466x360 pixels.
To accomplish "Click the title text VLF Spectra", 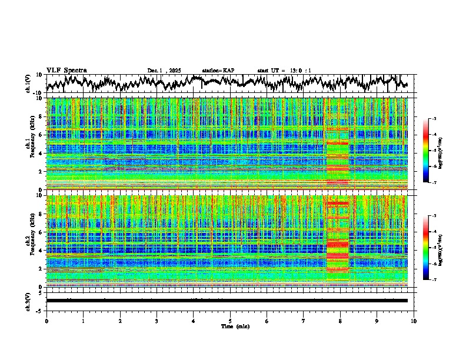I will [66, 70].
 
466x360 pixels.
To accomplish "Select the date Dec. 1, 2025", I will [165, 71].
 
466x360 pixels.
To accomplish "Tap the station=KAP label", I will [218, 71].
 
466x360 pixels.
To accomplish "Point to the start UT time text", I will [284, 71].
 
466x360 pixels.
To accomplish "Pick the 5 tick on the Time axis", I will [231, 321].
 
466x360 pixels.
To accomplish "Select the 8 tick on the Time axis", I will [341, 321].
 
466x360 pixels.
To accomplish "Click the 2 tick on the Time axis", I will [120, 321].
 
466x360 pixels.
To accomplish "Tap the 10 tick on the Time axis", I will [414, 321].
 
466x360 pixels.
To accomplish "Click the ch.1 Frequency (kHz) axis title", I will [30, 144].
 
